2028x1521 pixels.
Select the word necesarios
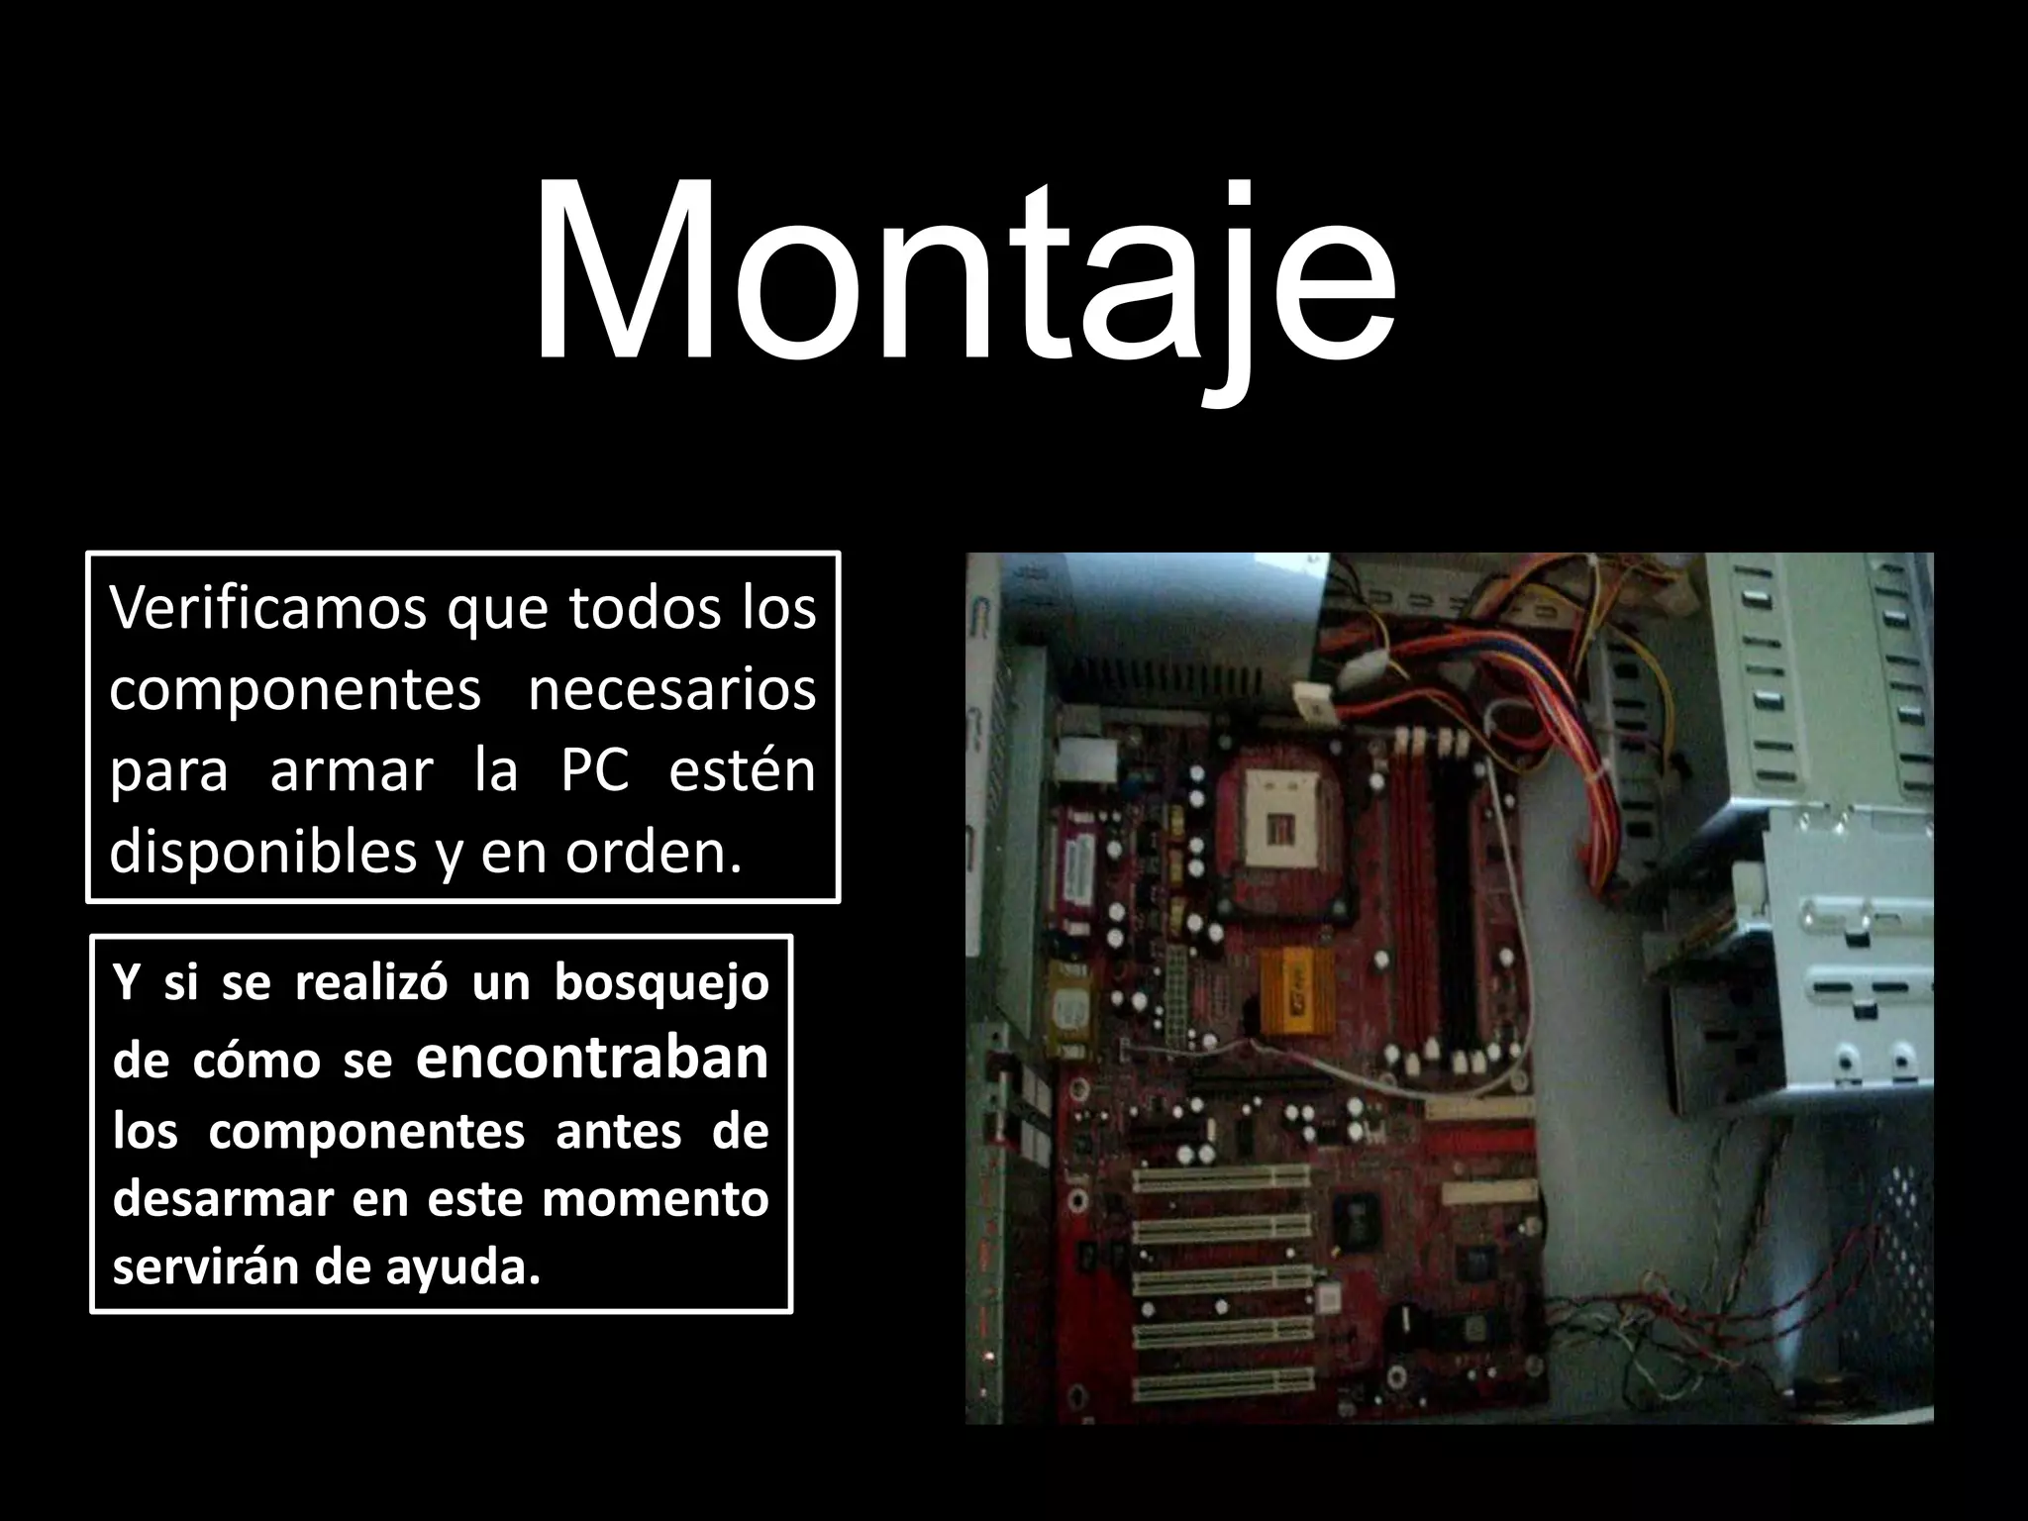point(671,689)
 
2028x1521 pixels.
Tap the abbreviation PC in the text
point(595,770)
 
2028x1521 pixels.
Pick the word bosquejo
point(660,984)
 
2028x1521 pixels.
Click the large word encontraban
point(592,1058)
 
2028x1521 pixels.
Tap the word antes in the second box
point(618,1131)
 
